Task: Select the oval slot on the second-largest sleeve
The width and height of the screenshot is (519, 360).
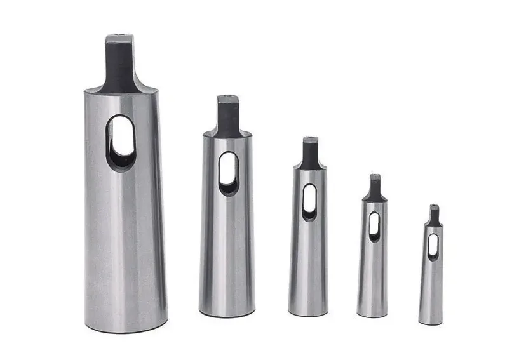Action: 228,173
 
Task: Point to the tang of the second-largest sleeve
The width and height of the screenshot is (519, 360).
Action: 228,115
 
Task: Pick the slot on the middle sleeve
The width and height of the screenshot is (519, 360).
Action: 309,201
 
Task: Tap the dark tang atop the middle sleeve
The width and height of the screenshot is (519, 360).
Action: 310,153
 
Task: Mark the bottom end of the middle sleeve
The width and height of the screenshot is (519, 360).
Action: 308,312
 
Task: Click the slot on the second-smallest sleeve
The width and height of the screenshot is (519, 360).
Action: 374,225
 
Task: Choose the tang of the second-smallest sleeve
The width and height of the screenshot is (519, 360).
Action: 375,188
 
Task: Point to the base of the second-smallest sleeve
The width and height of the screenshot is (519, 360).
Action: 372,314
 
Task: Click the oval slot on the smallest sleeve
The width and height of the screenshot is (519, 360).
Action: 433,246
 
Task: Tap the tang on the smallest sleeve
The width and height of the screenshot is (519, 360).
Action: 434,215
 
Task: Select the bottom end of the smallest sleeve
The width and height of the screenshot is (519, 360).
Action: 431,322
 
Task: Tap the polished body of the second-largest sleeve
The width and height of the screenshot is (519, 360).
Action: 227,254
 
